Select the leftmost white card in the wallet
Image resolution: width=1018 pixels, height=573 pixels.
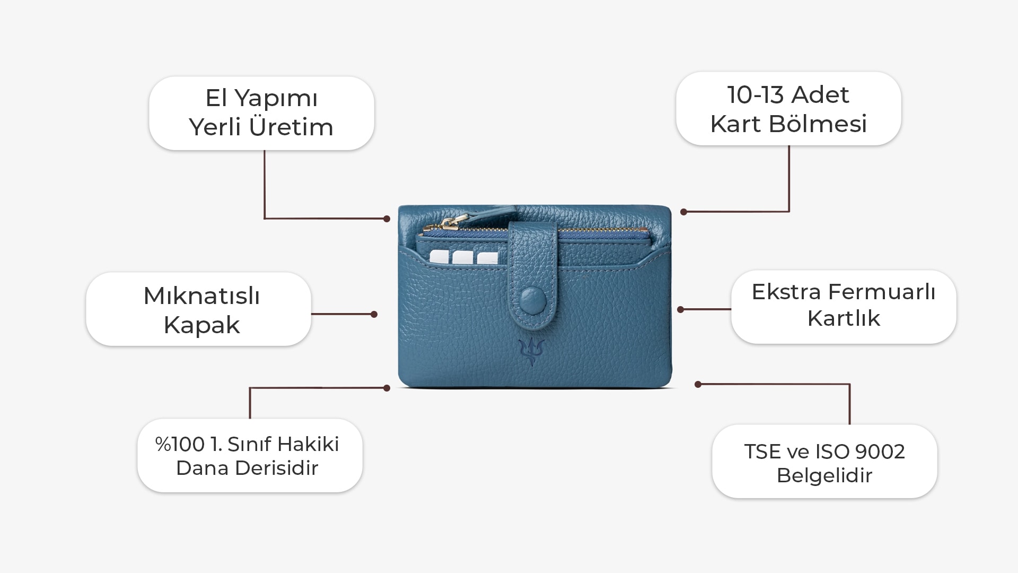438,257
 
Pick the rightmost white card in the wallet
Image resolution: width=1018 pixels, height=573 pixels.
487,258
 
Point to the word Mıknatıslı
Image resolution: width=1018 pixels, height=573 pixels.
201,296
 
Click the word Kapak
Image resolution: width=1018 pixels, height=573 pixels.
201,325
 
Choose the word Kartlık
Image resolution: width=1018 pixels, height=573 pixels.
844,318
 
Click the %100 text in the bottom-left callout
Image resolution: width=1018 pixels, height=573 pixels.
179,445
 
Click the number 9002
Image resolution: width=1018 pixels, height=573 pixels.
880,452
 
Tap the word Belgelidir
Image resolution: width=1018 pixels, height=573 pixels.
824,476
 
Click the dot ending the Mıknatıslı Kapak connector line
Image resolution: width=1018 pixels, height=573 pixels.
374,314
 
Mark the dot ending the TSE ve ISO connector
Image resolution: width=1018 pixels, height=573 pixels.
698,384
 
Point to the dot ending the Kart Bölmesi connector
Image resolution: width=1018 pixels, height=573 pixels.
683,212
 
